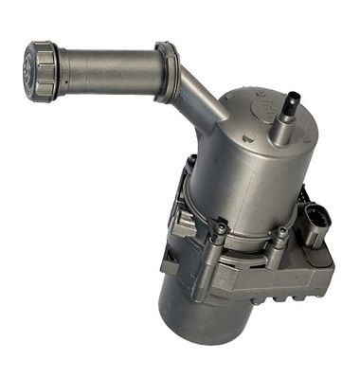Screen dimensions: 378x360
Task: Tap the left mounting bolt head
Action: [221, 228]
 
